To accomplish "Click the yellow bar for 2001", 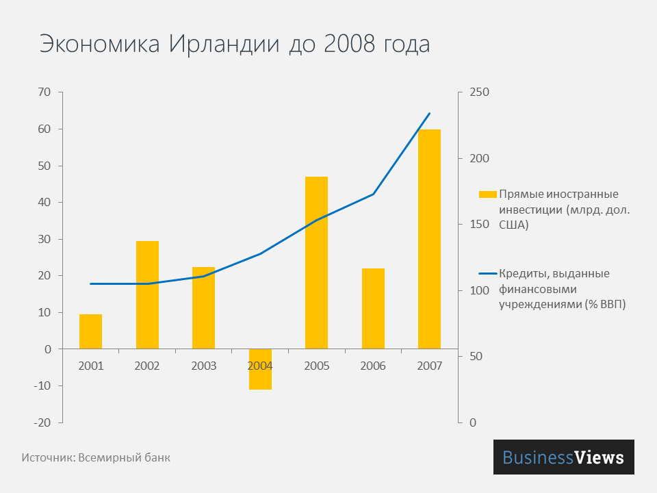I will (x=90, y=331).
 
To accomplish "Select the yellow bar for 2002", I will (x=147, y=294).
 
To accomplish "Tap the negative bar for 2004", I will (x=260, y=370).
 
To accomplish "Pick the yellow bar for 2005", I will (x=316, y=262).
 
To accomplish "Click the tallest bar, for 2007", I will (x=429, y=238).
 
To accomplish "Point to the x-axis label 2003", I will (x=203, y=366).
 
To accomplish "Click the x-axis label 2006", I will (x=373, y=366).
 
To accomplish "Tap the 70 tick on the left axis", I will (x=45, y=92).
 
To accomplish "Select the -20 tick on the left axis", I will (x=42, y=422).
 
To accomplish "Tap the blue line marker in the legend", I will (x=487, y=274).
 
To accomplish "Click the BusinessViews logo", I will (x=563, y=457).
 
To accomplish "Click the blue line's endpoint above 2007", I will (x=429, y=114).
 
